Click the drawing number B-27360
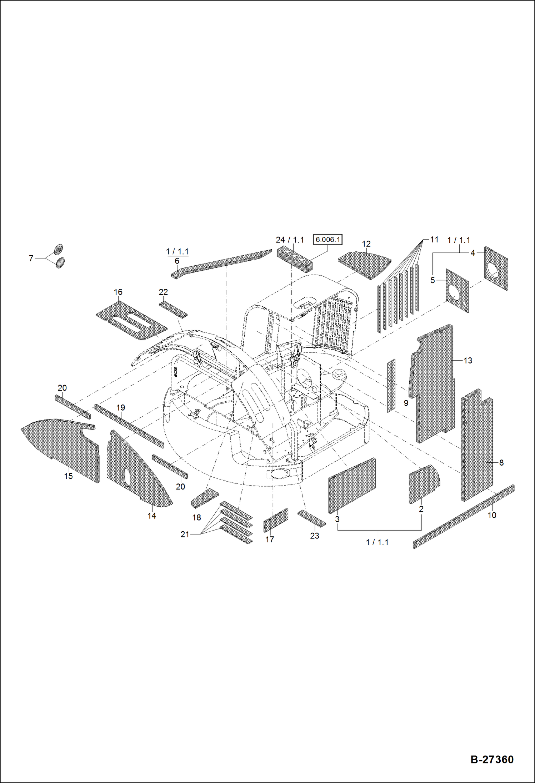coord(492,759)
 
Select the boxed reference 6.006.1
coord(327,240)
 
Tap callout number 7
coord(31,258)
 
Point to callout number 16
coord(118,292)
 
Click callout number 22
coord(163,292)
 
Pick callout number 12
coord(366,244)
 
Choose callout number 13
coord(468,361)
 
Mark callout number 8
coord(501,463)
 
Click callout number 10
coord(492,515)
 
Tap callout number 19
coord(121,408)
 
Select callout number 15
coord(68,476)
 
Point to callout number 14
coord(152,516)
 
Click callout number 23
coord(314,536)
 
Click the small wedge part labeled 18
coord(205,497)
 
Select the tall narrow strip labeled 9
coord(391,386)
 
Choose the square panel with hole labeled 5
coord(457,291)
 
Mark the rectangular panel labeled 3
coord(352,486)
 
